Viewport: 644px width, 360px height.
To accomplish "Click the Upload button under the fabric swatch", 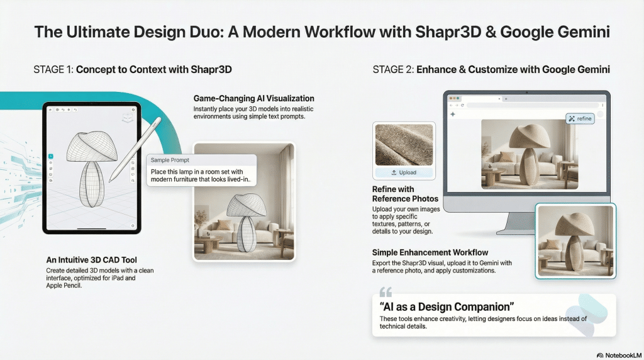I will point(404,172).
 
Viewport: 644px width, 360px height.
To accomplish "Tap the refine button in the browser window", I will point(579,118).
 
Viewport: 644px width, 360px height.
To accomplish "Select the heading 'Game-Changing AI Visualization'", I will point(253,99).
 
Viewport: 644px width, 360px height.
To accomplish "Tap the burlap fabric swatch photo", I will point(404,143).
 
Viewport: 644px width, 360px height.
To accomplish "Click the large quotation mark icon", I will point(386,292).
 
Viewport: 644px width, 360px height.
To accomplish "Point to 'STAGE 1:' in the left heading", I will point(53,70).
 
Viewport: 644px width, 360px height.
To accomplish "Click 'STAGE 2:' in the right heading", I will point(393,70).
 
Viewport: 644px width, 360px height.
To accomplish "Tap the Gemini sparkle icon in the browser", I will point(452,115).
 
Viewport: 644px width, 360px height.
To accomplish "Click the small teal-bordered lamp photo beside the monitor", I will point(575,240).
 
